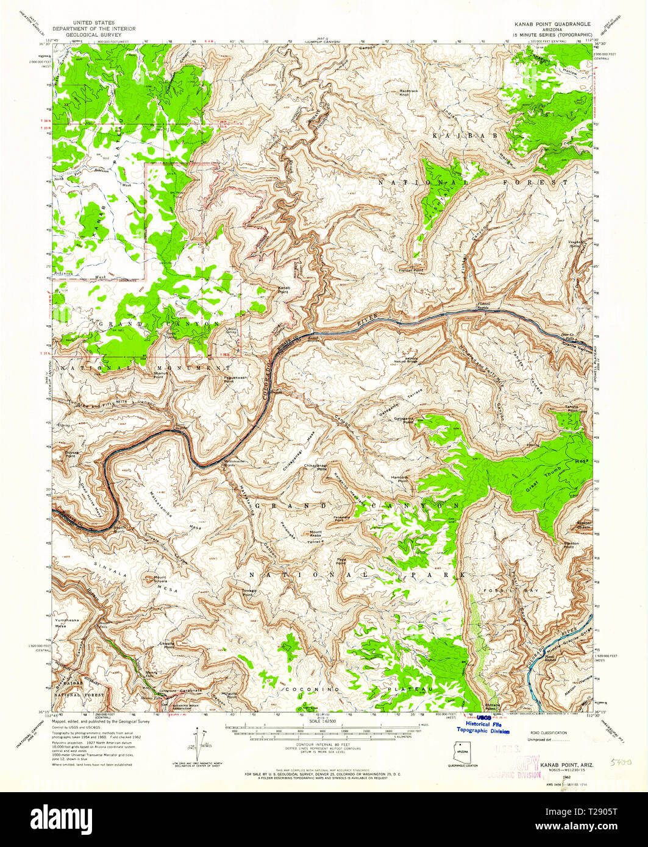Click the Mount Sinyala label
pyautogui.click(x=160, y=579)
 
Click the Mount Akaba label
pyautogui.click(x=316, y=533)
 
